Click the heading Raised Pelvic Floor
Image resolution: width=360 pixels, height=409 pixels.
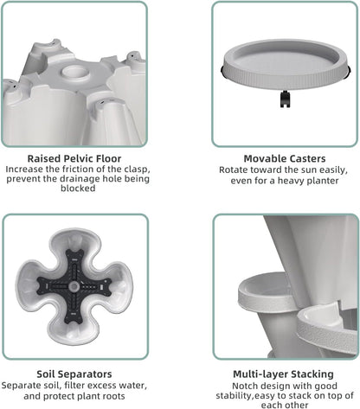74,158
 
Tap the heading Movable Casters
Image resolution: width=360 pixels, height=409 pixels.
285,158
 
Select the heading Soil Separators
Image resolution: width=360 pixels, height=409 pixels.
74,374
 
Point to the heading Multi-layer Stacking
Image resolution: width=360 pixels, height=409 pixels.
283,374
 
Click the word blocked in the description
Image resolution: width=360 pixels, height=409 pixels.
78,189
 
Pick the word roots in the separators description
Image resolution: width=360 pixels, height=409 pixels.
113,396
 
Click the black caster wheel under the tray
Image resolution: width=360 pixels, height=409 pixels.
285,99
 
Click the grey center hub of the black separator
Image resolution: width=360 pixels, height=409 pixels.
74,286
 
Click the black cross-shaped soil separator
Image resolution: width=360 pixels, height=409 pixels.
74,286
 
